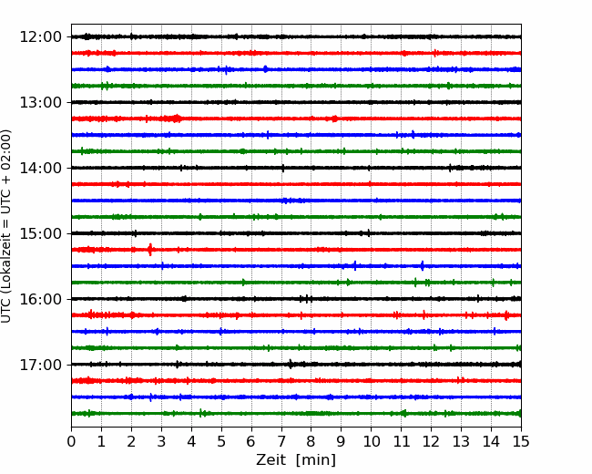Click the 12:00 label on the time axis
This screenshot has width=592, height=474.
40,37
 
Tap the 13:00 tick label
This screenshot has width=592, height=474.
40,102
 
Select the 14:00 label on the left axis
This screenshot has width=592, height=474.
40,168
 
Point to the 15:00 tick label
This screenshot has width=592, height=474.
40,233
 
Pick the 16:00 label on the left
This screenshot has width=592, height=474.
40,299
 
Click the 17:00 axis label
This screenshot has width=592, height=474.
40,365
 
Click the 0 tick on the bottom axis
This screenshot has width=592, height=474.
71,441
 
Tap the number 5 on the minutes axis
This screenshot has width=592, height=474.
221,441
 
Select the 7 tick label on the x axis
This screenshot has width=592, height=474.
281,441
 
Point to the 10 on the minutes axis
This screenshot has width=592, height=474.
371,441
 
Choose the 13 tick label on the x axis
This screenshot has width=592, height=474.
461,441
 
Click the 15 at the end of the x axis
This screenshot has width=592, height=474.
521,441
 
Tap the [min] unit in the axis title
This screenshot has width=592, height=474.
316,460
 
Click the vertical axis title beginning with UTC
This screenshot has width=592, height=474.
5,226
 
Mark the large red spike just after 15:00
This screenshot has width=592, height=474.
150,250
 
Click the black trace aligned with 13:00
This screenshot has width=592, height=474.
296,102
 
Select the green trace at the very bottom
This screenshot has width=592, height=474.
296,414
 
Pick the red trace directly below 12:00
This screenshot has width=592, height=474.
296,53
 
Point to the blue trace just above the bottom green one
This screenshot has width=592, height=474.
296,397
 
